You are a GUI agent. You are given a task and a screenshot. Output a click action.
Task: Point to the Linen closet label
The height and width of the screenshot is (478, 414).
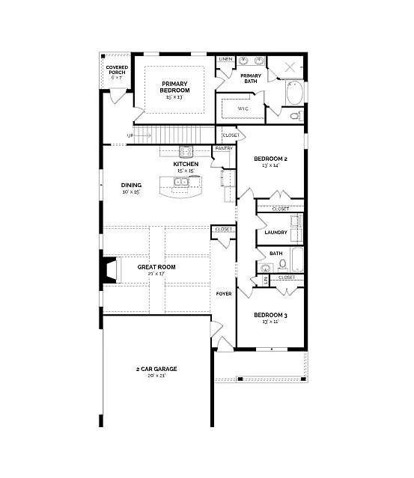coord(225,58)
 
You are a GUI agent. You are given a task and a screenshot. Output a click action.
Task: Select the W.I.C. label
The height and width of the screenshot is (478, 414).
coord(243,108)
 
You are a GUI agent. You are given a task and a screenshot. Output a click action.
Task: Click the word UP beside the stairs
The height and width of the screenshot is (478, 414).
coord(130,135)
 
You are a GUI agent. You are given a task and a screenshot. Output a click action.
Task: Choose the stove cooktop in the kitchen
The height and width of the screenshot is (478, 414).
coord(186,151)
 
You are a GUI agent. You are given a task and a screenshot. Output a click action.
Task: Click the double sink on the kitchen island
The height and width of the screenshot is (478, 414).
coord(182,181)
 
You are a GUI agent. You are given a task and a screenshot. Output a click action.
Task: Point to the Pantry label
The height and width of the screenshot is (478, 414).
coord(224,149)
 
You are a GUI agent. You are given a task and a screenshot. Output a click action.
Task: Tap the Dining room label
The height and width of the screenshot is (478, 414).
coord(131,185)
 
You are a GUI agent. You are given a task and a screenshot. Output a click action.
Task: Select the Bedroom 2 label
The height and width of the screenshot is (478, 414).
coord(270,159)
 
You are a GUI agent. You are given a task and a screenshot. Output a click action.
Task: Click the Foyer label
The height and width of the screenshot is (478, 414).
coord(224,293)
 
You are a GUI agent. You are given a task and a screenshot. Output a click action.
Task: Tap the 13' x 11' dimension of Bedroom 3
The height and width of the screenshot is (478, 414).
coord(270,322)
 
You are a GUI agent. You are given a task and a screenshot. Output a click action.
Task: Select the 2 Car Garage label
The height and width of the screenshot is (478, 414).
coord(156,369)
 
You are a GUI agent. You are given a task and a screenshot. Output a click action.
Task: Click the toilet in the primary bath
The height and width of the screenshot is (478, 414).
coord(295,116)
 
